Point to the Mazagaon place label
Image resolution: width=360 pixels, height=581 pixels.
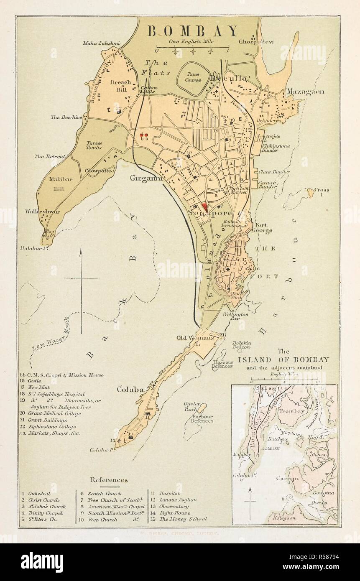(x=305, y=92)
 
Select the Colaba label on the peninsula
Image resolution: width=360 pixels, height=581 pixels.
(x=130, y=390)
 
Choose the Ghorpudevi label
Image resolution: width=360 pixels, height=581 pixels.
(x=256, y=42)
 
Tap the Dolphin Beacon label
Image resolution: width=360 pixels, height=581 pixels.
(x=242, y=344)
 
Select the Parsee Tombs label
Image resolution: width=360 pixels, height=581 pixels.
(x=94, y=145)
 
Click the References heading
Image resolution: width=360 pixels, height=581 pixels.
(x=109, y=480)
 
